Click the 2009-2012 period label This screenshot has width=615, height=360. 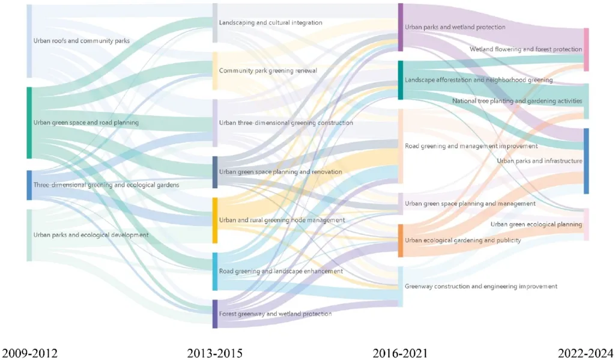pyautogui.click(x=31, y=352)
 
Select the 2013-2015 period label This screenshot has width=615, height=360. pyautogui.click(x=214, y=352)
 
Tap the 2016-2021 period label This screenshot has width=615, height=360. pyautogui.click(x=399, y=352)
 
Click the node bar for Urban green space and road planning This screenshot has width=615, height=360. pyautogui.click(x=29, y=123)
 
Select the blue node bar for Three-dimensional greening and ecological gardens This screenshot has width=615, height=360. pyautogui.click(x=29, y=185)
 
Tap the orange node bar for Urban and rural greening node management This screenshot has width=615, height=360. pyautogui.click(x=214, y=220)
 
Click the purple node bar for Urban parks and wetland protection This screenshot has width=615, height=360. pyautogui.click(x=401, y=27)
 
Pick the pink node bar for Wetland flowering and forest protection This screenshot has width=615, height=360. pyautogui.click(x=586, y=49)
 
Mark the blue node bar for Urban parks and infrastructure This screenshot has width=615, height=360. pyautogui.click(x=586, y=160)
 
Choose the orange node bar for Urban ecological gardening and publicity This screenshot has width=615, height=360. pyautogui.click(x=401, y=240)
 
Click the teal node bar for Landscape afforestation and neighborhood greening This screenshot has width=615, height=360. pyautogui.click(x=401, y=80)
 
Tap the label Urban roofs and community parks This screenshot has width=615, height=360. pyautogui.click(x=82, y=41)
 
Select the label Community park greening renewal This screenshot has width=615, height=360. pyautogui.click(x=267, y=71)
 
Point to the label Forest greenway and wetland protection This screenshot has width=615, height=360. pyautogui.click(x=275, y=313)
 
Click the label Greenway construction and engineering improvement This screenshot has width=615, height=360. pyautogui.click(x=480, y=286)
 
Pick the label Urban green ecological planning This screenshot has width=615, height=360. pyautogui.click(x=536, y=224)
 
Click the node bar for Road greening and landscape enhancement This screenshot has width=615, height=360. pyautogui.click(x=214, y=271)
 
